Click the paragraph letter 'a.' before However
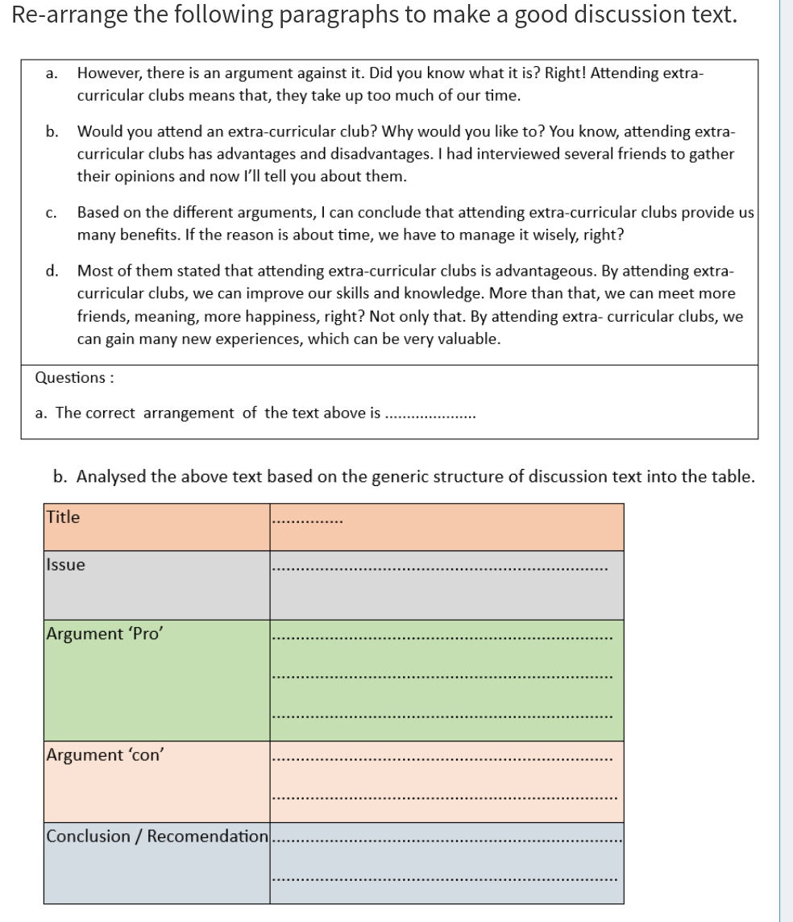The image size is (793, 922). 51,73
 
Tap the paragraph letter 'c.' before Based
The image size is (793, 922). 51,214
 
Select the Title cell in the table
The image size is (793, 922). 64,517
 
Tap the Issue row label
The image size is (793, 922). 66,565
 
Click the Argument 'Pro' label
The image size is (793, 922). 106,633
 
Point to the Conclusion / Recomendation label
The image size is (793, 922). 156,836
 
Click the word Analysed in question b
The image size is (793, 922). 111,476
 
